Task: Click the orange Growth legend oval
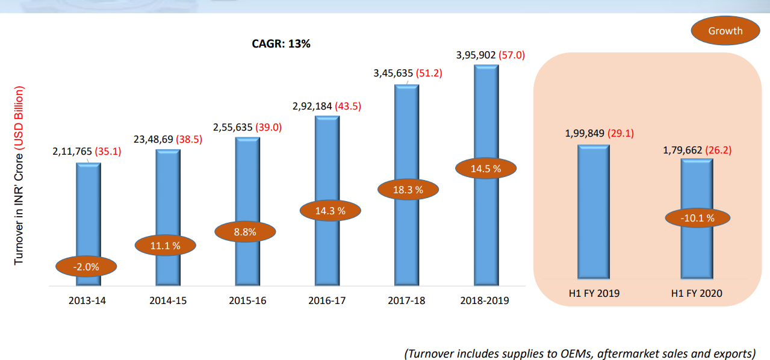click(x=725, y=31)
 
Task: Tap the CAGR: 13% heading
click(x=281, y=44)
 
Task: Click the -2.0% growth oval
click(x=86, y=266)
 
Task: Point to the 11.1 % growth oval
click(x=166, y=245)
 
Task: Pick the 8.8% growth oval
click(x=245, y=232)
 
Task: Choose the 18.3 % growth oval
click(x=408, y=190)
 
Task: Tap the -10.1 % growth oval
click(x=698, y=218)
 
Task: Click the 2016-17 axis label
click(x=327, y=300)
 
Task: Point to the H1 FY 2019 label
click(x=594, y=294)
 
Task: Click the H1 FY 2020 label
click(x=697, y=294)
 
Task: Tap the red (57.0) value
click(x=512, y=55)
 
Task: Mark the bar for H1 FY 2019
click(x=594, y=211)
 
